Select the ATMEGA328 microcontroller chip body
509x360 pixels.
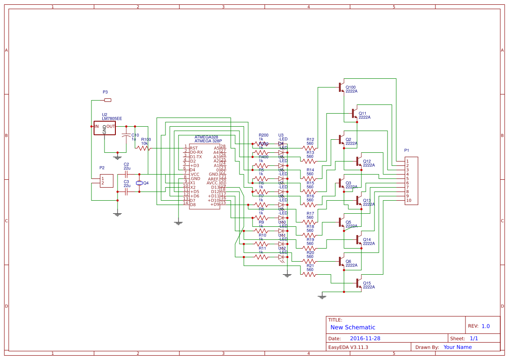204,176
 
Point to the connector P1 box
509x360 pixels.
411,181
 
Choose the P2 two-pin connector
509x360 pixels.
106,181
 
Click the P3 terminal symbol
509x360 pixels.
108,100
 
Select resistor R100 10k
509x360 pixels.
143,148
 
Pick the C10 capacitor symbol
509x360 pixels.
126,135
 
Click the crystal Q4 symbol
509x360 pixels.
139,183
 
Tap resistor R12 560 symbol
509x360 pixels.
310,148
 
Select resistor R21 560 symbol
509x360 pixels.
310,275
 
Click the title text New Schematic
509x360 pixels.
353,327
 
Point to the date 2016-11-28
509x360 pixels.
365,338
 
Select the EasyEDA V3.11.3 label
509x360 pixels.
348,347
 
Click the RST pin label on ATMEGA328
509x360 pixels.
194,148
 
